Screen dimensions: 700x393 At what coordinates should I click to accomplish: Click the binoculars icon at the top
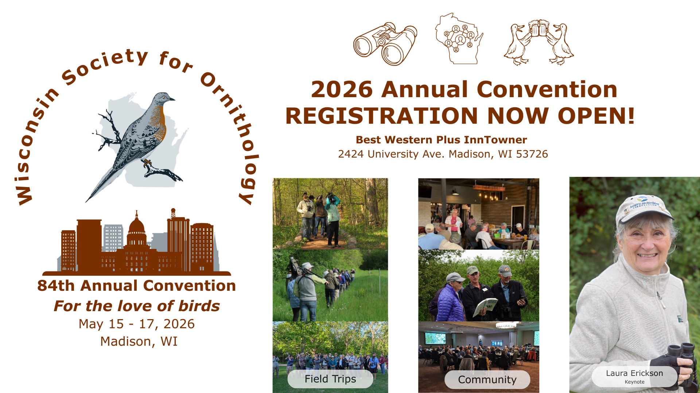coord(385,44)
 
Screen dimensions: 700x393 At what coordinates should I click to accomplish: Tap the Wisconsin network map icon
coord(459,39)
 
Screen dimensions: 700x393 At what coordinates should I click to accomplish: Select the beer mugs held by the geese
coord(538,28)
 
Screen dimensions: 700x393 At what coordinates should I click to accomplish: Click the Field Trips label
coord(330,379)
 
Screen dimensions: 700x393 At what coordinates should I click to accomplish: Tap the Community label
coord(487,380)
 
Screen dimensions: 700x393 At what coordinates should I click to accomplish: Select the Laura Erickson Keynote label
coord(634,376)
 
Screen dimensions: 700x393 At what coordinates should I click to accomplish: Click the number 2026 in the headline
coord(342,90)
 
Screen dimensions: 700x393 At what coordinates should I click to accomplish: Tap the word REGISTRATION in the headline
coord(381,116)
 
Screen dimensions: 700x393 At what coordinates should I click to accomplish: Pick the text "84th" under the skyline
coord(56,286)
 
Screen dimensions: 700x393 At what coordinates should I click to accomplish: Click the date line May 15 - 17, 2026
coord(137,324)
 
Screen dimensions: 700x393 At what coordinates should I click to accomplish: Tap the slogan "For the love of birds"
coord(137,306)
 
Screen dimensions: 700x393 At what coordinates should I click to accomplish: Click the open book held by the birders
coord(485,307)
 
